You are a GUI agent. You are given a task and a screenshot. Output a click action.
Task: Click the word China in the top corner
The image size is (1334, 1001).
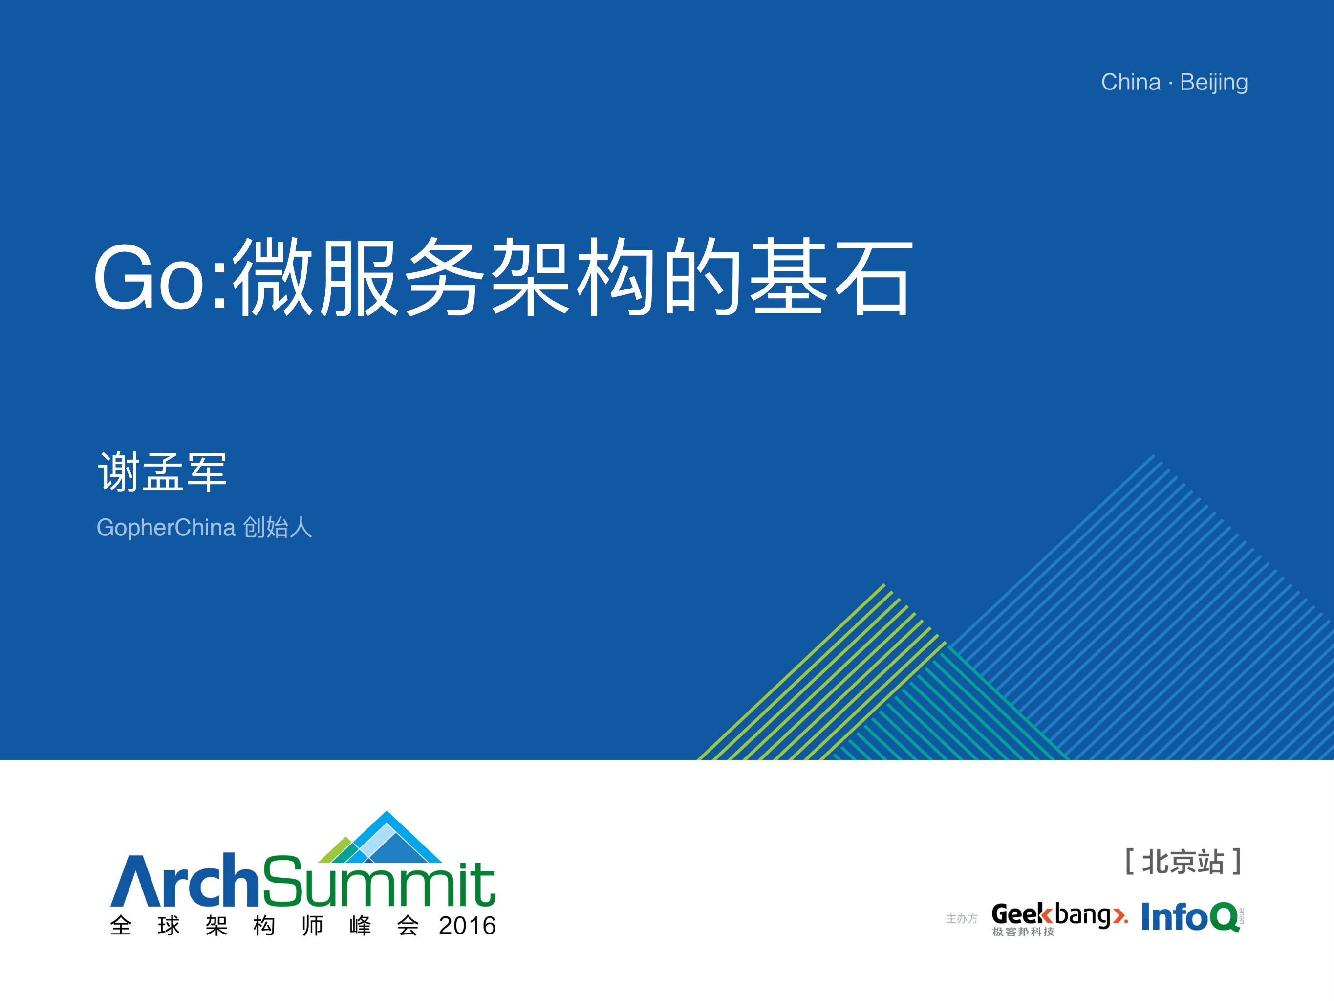[1130, 82]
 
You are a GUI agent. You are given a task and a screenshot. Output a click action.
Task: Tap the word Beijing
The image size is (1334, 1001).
[1213, 83]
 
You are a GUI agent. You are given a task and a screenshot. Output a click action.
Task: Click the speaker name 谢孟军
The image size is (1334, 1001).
[162, 471]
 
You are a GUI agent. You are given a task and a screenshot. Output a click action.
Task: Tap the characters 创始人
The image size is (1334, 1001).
[278, 527]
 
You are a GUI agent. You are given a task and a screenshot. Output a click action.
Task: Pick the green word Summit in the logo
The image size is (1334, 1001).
[379, 882]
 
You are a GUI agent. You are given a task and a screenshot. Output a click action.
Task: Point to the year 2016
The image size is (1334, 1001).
[467, 926]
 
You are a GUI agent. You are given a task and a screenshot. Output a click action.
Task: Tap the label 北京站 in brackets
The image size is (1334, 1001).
[1183, 862]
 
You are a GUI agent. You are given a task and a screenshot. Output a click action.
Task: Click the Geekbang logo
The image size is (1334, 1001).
[1059, 915]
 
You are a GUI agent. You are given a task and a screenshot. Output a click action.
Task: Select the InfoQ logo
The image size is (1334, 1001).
[1192, 916]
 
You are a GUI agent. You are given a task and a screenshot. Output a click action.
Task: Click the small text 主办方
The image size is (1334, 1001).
[961, 918]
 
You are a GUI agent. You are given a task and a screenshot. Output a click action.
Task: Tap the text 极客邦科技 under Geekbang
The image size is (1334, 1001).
[1023, 932]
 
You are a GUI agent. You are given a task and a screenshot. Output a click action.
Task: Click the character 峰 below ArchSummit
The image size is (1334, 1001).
[360, 926]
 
